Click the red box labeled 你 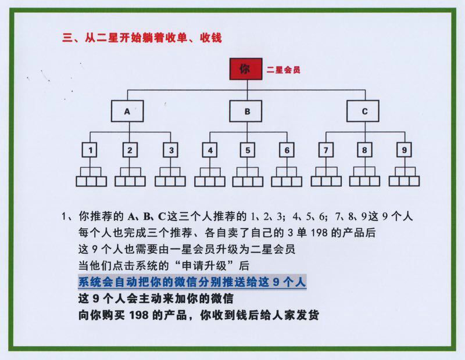246,69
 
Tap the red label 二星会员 283,70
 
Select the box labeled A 127,111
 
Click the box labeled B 245,111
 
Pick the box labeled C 363,111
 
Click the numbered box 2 130,150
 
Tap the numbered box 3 170,150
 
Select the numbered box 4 210,150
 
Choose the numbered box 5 248,150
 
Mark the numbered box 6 287,150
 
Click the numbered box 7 326,150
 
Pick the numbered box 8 365,150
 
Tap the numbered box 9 404,150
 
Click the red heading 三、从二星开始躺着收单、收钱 142,38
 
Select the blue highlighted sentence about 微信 192,282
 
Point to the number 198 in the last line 139,315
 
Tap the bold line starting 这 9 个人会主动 156,298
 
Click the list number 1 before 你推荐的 63,217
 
